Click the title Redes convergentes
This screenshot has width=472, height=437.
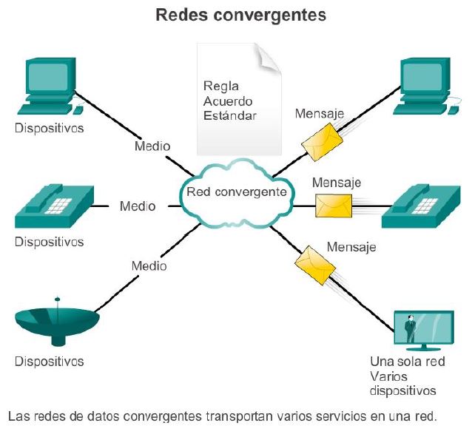click(241, 15)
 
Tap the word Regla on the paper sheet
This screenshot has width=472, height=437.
click(221, 87)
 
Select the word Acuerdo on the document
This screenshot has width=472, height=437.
click(228, 101)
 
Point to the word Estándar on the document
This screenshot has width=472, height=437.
click(230, 115)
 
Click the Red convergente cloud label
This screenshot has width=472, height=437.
click(237, 192)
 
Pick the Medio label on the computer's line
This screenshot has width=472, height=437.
click(152, 146)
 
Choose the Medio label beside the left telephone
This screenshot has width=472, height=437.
click(138, 206)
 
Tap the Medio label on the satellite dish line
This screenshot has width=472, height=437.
click(149, 266)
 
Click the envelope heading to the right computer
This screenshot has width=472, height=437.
click(323, 142)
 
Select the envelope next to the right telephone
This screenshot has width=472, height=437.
click(334, 206)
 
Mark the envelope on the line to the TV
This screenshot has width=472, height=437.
click(315, 265)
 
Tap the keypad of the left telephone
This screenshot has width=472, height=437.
click(58, 206)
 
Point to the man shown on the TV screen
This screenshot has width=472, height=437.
click(410, 328)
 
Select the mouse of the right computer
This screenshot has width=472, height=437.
click(454, 110)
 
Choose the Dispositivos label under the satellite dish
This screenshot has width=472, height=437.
click(49, 362)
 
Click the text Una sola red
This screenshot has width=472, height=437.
click(408, 362)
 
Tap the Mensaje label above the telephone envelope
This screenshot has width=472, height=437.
click(337, 183)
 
